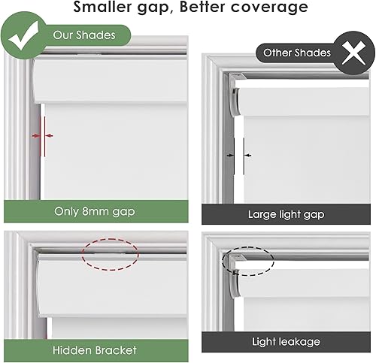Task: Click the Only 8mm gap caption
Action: (x=95, y=212)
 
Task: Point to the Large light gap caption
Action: (x=286, y=214)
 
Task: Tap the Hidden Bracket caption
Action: (x=95, y=349)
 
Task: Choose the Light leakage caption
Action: (x=286, y=342)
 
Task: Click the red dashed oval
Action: (x=110, y=254)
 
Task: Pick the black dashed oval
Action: (x=249, y=259)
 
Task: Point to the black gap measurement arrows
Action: (x=238, y=155)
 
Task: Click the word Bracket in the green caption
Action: (x=115, y=349)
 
